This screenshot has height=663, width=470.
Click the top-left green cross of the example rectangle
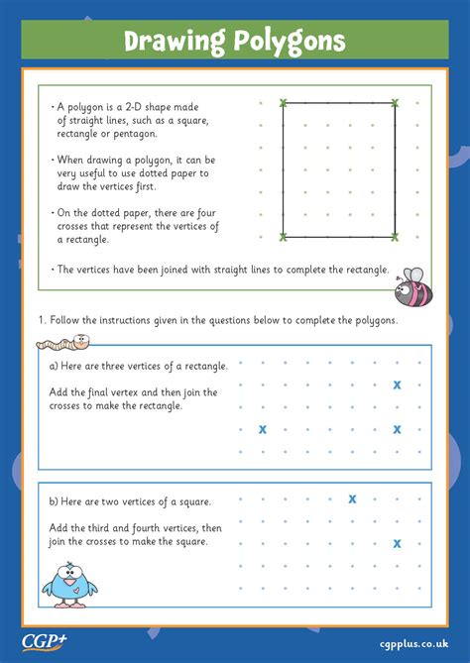point(284,103)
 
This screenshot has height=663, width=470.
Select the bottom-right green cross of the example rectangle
point(395,236)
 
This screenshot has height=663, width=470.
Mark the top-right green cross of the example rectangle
point(395,103)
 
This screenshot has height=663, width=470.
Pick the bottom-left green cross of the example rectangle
point(284,236)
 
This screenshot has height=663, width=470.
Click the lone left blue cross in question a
point(263,429)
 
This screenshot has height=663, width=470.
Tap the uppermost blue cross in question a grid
point(397,385)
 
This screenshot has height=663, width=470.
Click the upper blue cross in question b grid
point(352,498)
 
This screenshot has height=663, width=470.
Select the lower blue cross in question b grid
point(397,543)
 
